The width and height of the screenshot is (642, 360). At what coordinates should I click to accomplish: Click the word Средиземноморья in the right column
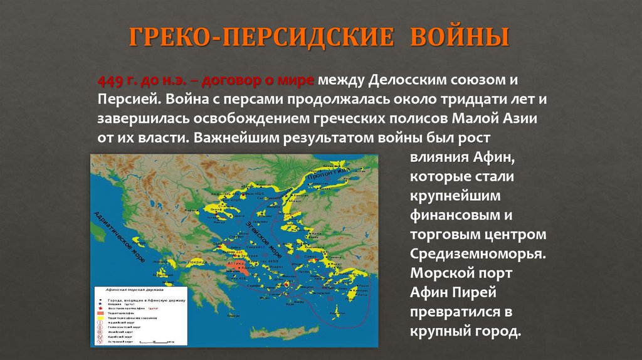point(478,254)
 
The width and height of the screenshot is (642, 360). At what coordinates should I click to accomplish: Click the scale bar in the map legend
point(156,342)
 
